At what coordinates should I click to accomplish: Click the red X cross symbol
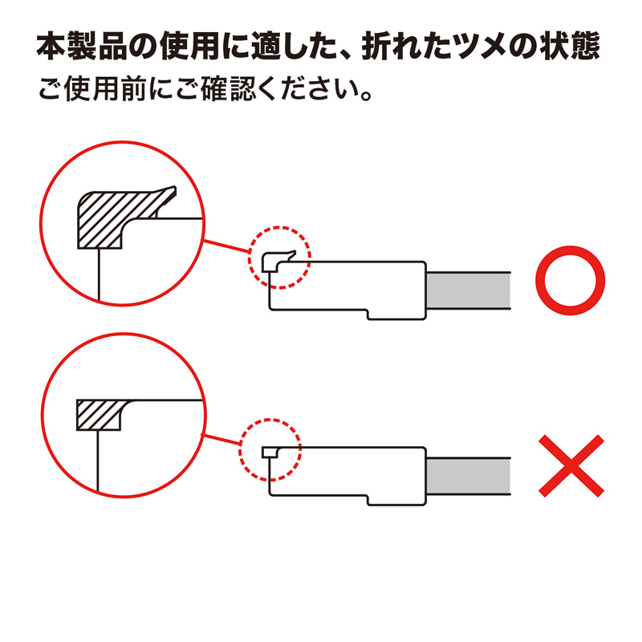[571, 466]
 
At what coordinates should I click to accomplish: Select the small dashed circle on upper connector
[278, 257]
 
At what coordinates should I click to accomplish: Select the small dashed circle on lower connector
[270, 449]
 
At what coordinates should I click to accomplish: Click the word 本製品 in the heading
[81, 48]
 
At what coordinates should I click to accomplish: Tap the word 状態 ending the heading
[571, 48]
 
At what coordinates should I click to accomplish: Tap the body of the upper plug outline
[353, 286]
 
